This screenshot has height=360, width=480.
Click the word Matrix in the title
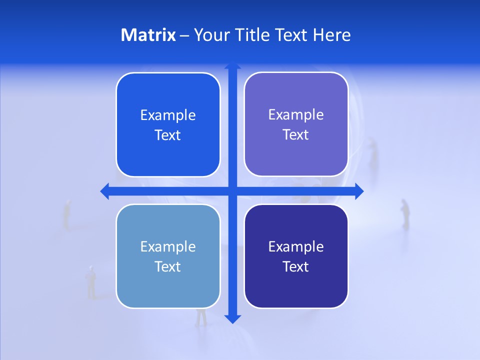(148, 35)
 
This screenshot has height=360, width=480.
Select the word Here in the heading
(331, 35)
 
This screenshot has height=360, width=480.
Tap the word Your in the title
(209, 35)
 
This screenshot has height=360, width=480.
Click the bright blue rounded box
(168, 125)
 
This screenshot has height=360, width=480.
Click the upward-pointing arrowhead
(232, 65)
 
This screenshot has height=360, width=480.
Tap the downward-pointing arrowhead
(232, 318)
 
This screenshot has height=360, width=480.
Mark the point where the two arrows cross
(232, 191)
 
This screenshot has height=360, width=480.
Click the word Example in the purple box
(296, 114)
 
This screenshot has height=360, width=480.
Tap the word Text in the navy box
(296, 266)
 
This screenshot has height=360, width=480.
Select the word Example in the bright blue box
(168, 115)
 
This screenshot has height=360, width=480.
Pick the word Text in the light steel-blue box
(168, 266)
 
